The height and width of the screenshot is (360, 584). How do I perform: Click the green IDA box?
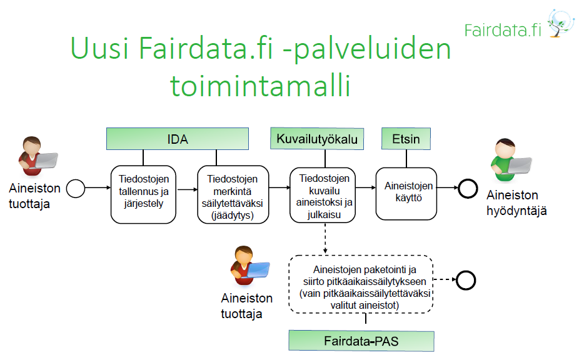(x=178, y=139)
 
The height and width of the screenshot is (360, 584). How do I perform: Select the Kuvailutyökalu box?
(x=317, y=139)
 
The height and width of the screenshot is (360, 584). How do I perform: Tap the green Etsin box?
(x=406, y=139)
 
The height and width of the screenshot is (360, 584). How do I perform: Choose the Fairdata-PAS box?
(x=361, y=341)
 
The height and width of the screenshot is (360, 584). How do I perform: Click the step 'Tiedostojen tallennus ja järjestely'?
(x=143, y=194)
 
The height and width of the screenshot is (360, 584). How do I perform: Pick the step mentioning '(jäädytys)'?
(x=233, y=194)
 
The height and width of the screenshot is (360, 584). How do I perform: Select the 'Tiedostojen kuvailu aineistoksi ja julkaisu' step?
(x=323, y=195)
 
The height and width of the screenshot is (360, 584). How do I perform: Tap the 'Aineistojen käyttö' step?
(x=406, y=194)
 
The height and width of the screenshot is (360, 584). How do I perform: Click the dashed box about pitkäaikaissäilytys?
(x=361, y=284)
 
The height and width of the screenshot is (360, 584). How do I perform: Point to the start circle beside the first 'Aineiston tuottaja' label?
(x=76, y=188)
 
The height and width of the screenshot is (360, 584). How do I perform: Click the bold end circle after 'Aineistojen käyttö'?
(x=468, y=188)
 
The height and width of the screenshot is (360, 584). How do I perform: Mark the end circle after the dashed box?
(x=466, y=281)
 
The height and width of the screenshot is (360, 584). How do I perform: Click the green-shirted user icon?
(x=510, y=160)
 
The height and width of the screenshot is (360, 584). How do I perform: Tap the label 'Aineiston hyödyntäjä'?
(x=516, y=203)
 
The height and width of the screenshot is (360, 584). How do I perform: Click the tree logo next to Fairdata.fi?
(x=560, y=23)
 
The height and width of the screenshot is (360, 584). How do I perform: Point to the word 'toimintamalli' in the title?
(x=260, y=86)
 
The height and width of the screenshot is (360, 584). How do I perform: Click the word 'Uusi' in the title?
(x=99, y=48)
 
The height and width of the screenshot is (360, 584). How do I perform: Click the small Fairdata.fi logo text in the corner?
(x=503, y=30)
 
